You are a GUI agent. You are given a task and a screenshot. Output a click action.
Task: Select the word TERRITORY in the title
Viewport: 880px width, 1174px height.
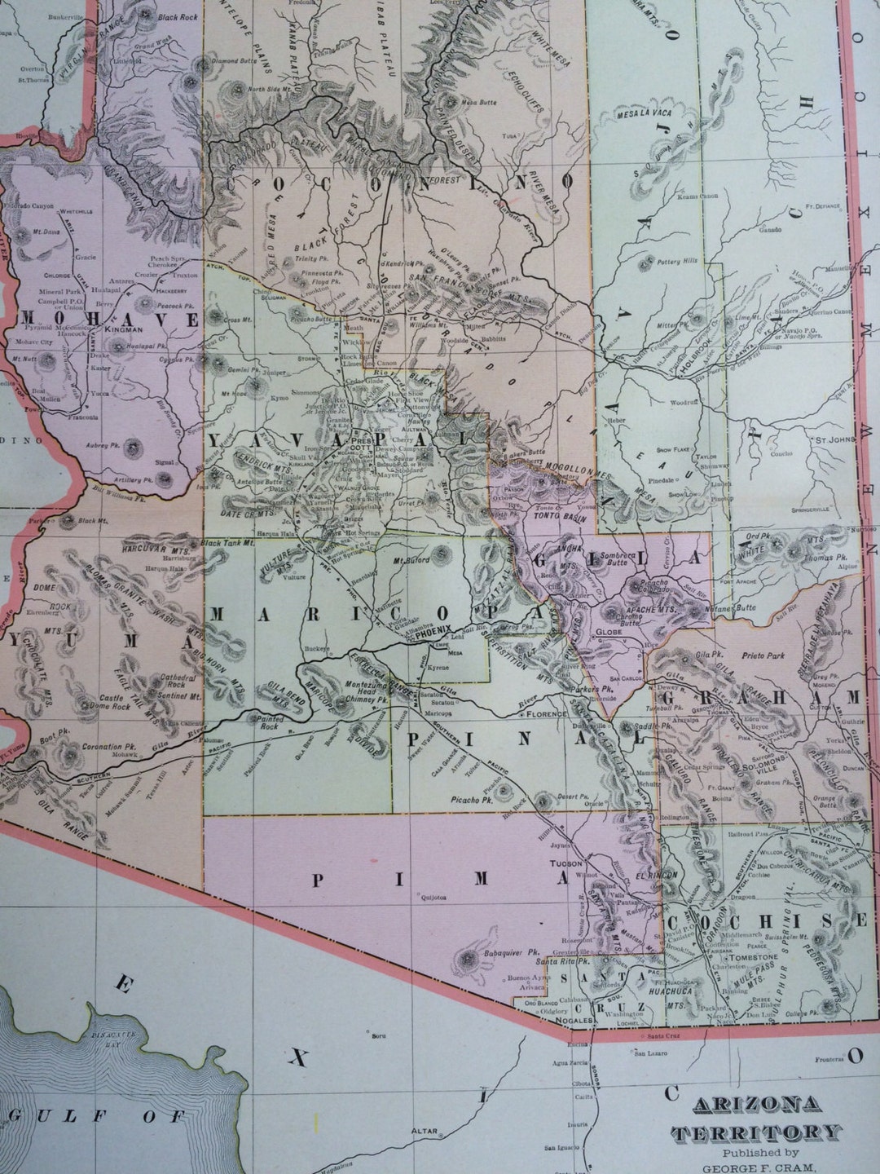click(x=755, y=1131)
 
